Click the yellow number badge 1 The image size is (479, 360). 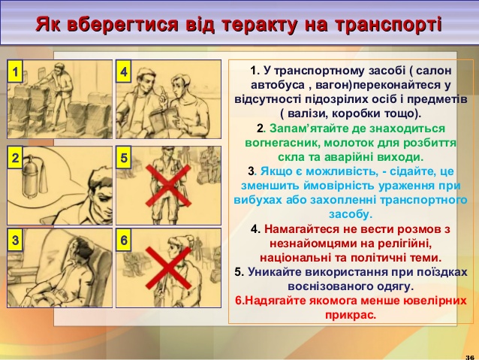(15, 71)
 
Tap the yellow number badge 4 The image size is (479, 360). (123, 71)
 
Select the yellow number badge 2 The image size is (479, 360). (15, 158)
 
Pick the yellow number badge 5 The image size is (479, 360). (123, 158)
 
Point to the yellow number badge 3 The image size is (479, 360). (15, 240)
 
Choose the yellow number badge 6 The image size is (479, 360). (123, 240)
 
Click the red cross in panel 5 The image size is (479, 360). (168, 186)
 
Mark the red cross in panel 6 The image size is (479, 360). (168, 268)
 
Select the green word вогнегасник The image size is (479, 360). (282, 143)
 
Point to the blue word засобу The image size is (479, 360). (351, 213)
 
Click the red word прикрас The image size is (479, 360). (351, 315)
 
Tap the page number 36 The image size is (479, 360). (470, 357)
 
